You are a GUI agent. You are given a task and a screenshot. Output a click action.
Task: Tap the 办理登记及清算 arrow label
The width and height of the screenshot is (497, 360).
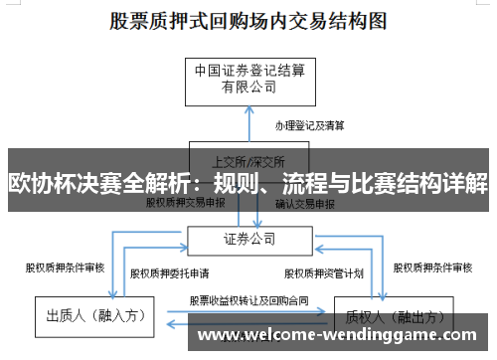pyautogui.click(x=310, y=125)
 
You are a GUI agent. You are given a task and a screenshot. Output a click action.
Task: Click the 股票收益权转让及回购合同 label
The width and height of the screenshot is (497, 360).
pyautogui.click(x=243, y=299)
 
